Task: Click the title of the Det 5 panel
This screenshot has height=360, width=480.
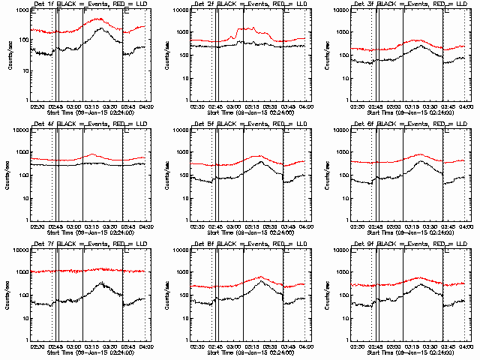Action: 241,124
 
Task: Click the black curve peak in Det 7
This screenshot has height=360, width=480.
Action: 100,283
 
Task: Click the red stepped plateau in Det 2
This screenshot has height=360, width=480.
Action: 247,30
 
